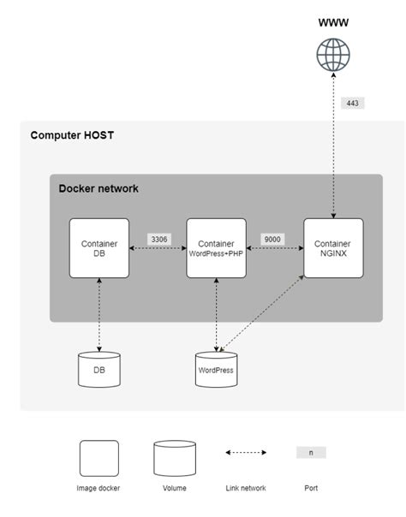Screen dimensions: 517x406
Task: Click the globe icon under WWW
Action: point(333,55)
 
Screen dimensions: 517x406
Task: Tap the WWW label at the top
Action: point(333,22)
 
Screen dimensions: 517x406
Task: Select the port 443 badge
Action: point(352,103)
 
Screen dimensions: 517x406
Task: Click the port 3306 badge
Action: point(158,239)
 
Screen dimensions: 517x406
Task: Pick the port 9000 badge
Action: point(272,239)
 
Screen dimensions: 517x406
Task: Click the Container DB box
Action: point(99,248)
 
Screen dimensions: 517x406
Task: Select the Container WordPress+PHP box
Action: point(215,248)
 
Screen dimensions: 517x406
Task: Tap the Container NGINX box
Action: point(333,248)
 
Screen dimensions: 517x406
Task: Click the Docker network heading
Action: point(98,188)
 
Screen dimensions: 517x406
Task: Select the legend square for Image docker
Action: point(99,458)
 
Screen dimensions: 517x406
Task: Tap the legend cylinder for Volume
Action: point(176,458)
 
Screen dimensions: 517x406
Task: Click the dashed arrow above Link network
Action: point(247,452)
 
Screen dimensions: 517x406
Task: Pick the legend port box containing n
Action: point(311,452)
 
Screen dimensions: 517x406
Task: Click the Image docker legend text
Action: point(99,488)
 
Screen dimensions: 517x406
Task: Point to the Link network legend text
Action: point(247,488)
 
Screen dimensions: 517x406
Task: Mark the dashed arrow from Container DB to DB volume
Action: point(99,316)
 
